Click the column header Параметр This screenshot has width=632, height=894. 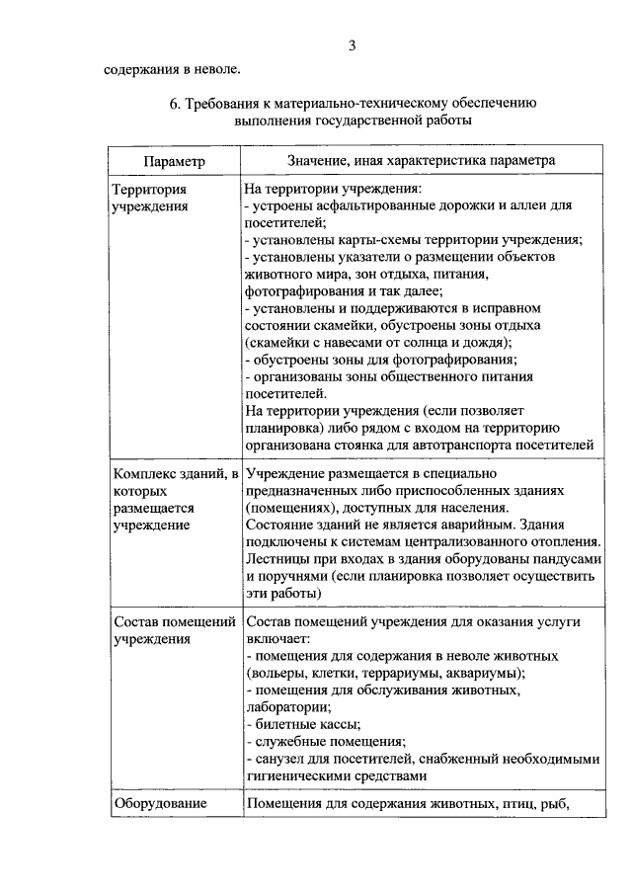(x=174, y=160)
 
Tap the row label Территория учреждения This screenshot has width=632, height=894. (x=149, y=198)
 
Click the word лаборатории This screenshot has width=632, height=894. (x=287, y=707)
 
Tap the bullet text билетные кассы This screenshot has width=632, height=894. (x=298, y=724)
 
